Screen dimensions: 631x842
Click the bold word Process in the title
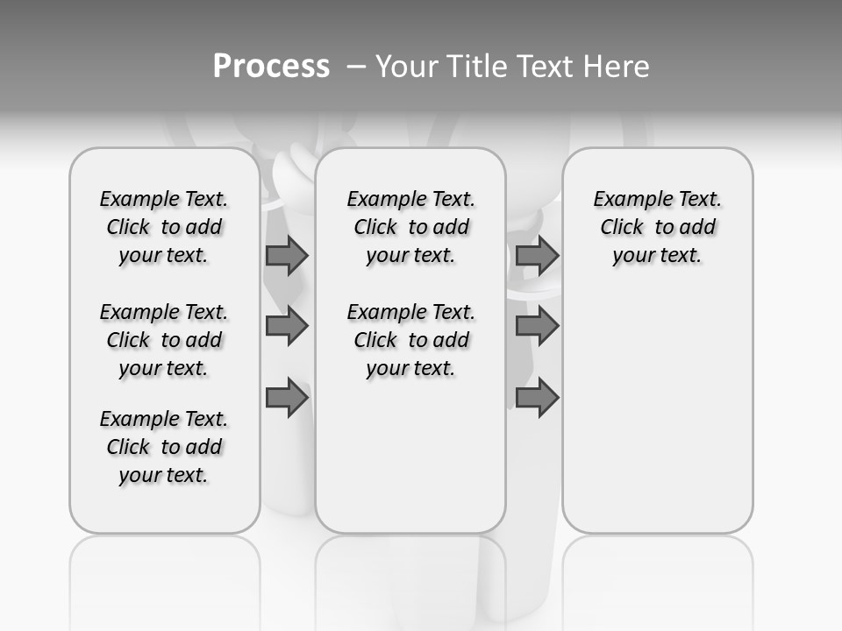tap(271, 66)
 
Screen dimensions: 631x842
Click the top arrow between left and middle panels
tap(287, 256)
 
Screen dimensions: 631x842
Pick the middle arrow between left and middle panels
tap(287, 326)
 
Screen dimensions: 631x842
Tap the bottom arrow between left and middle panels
tap(287, 397)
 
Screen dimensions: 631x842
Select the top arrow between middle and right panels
tap(537, 256)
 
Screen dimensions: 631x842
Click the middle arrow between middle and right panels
tap(537, 326)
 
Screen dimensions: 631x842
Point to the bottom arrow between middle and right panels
tap(537, 397)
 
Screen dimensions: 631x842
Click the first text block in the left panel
tap(164, 227)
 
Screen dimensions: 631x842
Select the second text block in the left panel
tap(164, 340)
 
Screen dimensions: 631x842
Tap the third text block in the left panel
tap(164, 447)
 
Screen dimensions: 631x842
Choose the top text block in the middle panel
tap(410, 227)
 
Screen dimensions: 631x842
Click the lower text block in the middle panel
tap(410, 340)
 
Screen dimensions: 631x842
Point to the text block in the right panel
tap(657, 227)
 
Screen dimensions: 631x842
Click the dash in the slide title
tap(356, 67)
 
